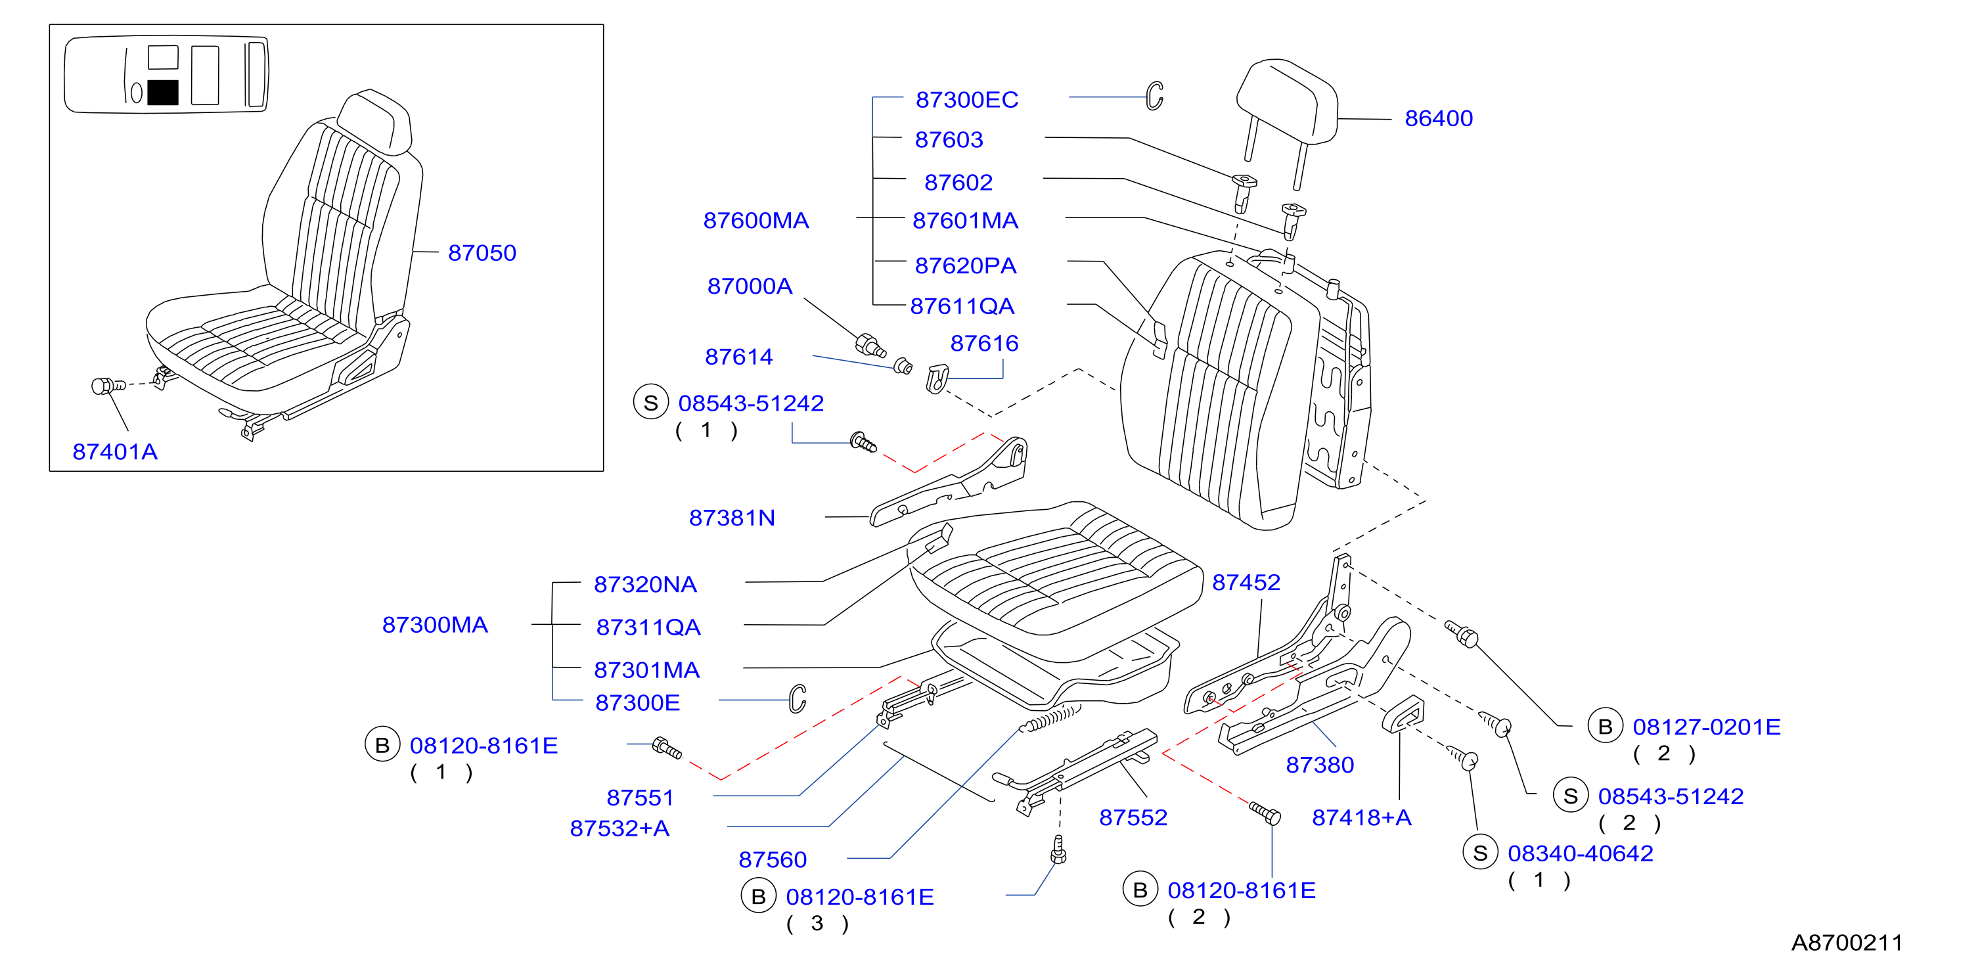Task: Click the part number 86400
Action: [1438, 118]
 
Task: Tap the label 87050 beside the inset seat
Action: [482, 253]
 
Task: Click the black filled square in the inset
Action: [162, 92]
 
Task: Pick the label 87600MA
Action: [755, 221]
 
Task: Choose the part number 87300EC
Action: [966, 100]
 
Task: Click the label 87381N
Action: [732, 518]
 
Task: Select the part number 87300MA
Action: [435, 625]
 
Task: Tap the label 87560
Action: [773, 859]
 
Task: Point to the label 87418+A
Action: [1361, 817]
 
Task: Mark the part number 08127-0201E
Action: [1706, 727]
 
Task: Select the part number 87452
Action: [1246, 583]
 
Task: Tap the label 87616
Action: [984, 344]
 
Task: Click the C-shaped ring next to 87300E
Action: [798, 698]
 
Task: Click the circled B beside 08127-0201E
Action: [1605, 726]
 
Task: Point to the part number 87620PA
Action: [966, 266]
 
